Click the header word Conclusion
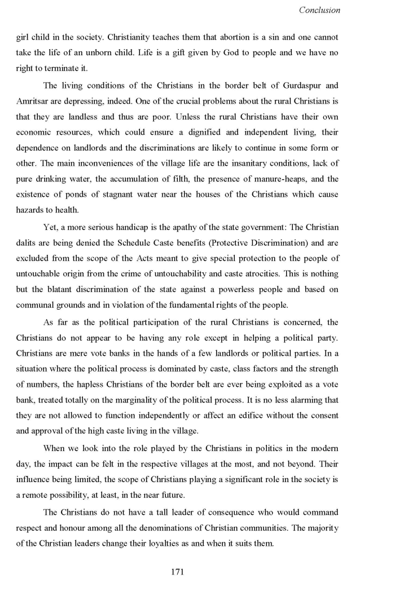pos(319,10)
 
